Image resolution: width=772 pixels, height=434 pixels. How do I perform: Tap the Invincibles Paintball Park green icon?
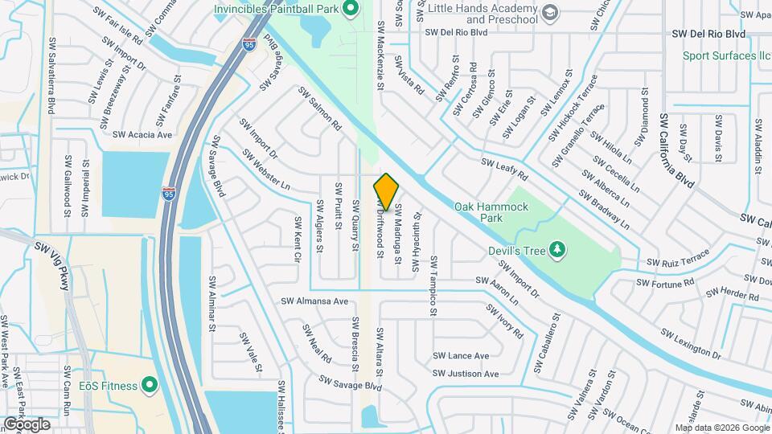350,10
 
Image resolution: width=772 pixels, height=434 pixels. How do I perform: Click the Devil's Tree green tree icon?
557,251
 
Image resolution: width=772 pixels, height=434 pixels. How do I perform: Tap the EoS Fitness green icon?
149,386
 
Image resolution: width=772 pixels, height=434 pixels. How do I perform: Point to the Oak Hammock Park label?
491,212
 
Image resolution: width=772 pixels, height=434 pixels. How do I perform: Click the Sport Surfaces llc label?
726,56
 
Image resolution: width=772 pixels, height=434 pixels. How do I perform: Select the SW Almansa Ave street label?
314,302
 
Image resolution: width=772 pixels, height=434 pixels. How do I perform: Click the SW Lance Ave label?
461,355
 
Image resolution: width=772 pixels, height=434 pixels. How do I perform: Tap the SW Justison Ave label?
466,374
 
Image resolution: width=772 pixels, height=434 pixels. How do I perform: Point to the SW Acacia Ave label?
142,135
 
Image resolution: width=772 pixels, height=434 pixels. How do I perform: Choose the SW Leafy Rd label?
504,169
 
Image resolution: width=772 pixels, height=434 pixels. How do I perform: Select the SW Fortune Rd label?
665,283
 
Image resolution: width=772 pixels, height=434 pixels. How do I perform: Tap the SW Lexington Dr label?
691,342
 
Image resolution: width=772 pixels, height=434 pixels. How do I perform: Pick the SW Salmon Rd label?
320,109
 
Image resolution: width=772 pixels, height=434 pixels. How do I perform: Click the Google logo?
26,424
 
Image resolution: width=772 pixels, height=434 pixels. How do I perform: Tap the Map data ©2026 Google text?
721,428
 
